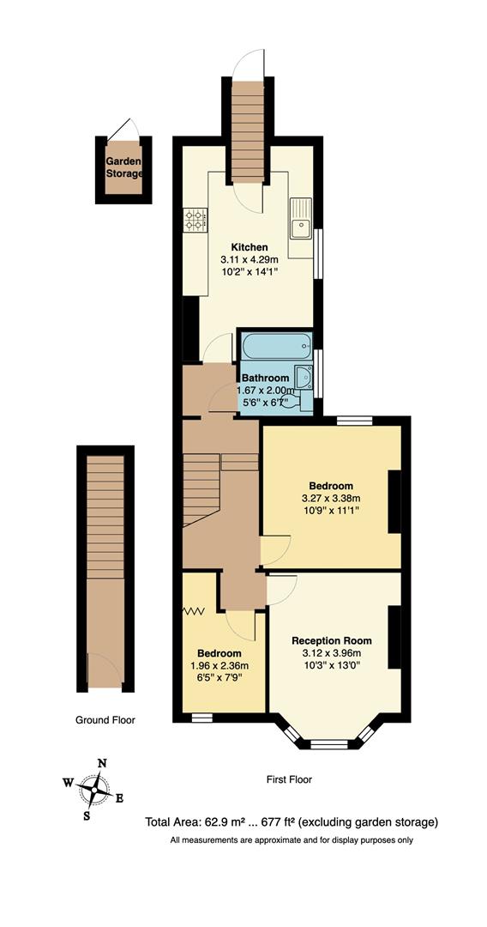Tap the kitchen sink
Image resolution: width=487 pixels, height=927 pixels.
(300, 227)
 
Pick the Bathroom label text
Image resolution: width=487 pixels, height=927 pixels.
(265, 378)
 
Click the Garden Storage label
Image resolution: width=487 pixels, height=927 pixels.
(124, 167)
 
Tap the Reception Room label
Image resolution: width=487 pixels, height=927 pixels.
(332, 641)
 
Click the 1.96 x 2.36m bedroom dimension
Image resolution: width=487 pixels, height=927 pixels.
(219, 665)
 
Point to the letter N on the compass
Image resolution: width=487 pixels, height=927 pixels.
(102, 762)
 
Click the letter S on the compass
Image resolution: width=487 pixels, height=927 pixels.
(87, 815)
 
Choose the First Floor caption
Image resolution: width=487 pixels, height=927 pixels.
(289, 780)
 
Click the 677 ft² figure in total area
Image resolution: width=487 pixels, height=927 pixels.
(272, 822)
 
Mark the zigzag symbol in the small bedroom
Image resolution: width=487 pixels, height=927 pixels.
(194, 612)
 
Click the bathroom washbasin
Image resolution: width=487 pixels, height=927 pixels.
(303, 376)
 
